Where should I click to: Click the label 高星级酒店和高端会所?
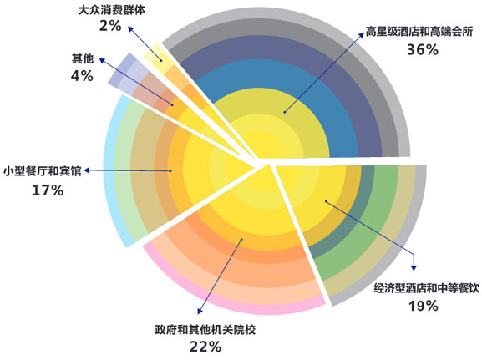[419, 32]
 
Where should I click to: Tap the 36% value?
[423, 49]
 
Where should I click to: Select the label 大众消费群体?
[112, 10]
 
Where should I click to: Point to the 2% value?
[110, 26]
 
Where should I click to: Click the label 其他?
[83, 58]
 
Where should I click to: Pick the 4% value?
[82, 76]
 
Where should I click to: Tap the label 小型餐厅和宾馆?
[43, 171]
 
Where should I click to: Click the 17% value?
[48, 190]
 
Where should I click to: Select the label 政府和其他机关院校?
[205, 330]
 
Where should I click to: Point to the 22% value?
[205, 347]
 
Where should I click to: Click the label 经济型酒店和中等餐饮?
[426, 288]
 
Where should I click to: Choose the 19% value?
[423, 306]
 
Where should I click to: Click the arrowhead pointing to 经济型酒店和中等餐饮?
[414, 268]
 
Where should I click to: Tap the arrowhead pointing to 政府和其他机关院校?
[200, 311]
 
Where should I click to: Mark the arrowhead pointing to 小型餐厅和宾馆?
[87, 170]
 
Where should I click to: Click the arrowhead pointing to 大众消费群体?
[130, 29]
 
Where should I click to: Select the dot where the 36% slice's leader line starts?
[285, 112]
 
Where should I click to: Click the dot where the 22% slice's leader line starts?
[242, 239]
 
